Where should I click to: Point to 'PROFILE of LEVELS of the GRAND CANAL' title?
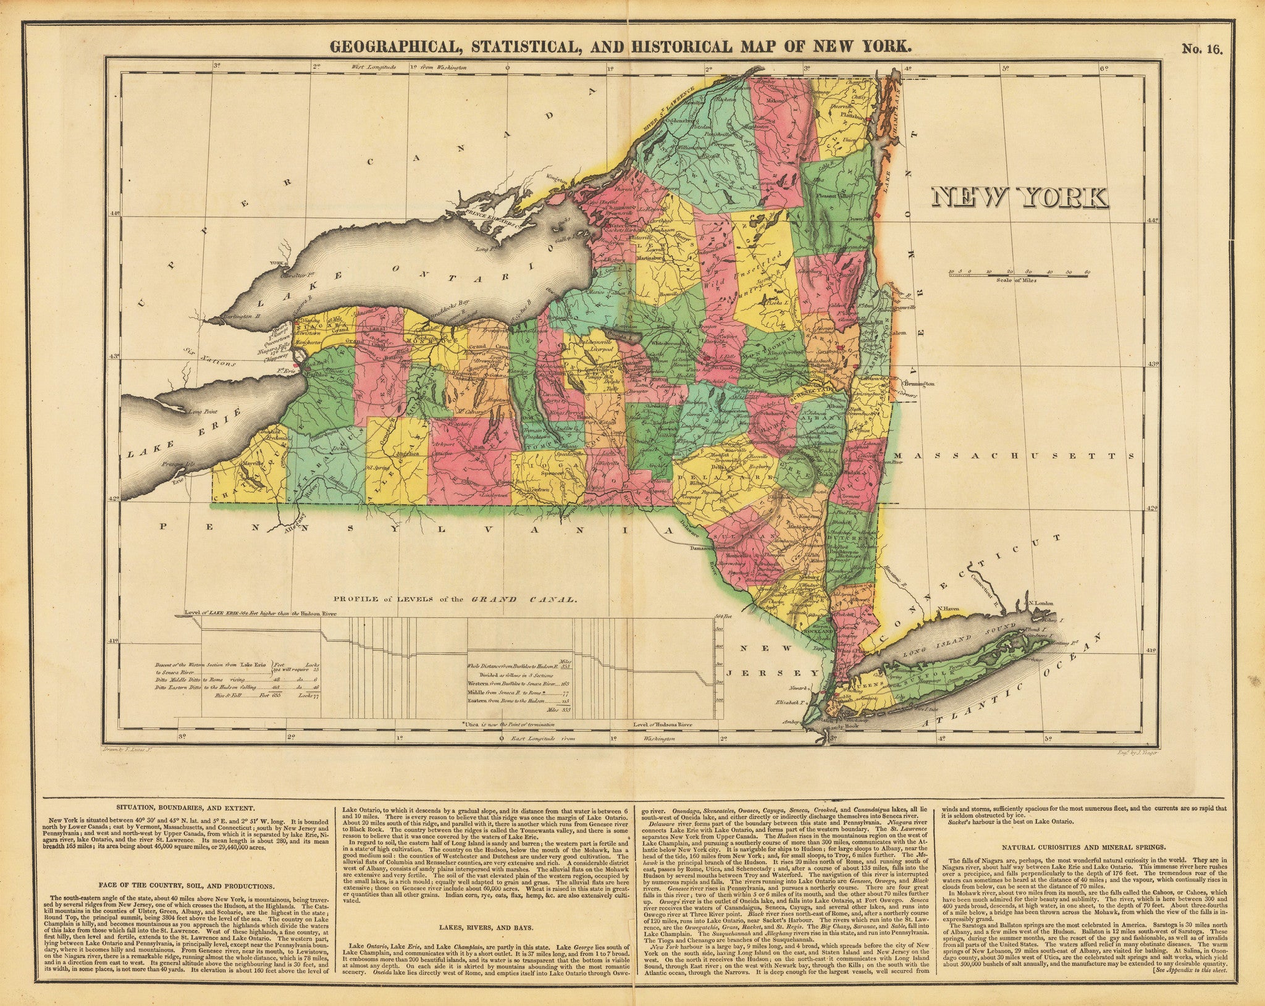click(455, 598)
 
